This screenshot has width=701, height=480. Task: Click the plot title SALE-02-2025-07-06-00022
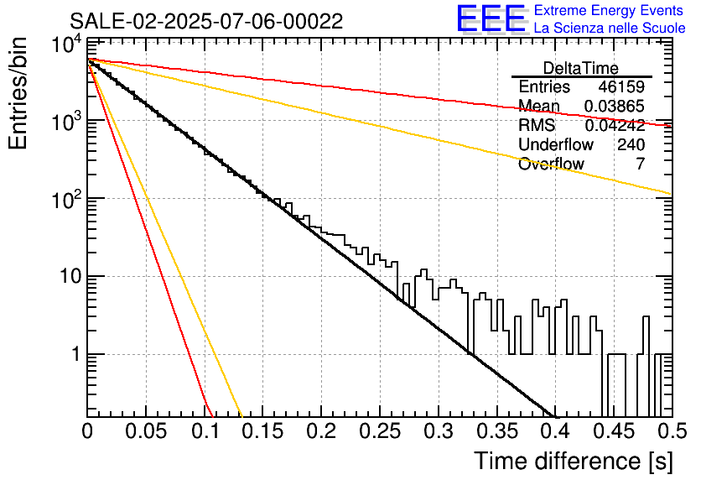[206, 21]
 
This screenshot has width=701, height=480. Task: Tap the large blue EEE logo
[491, 18]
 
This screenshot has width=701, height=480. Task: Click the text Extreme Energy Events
[609, 10]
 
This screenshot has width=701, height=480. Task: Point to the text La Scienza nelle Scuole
[610, 28]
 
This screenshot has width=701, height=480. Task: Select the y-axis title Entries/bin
[18, 93]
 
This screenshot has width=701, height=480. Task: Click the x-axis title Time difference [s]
[574, 461]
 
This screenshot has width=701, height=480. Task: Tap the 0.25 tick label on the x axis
[381, 431]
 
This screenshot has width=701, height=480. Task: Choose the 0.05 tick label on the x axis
[146, 431]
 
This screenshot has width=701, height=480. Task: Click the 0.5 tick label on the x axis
[672, 431]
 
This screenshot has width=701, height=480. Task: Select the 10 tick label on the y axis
[71, 276]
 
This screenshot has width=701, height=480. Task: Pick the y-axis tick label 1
[76, 354]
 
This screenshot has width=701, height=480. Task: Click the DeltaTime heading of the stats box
[581, 69]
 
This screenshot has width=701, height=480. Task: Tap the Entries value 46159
[621, 86]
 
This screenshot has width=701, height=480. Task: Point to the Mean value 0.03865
[615, 106]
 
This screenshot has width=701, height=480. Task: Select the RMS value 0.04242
[615, 125]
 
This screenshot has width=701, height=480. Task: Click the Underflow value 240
[631, 144]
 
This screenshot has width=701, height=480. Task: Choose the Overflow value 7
[641, 164]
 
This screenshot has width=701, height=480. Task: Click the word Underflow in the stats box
[556, 144]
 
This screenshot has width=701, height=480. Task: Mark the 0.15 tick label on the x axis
[263, 431]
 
